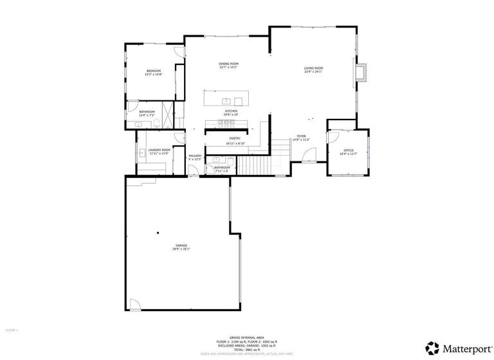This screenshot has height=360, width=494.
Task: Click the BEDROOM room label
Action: [153, 70]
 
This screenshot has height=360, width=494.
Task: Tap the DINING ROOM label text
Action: [228, 64]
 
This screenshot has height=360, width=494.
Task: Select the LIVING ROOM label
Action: [313, 68]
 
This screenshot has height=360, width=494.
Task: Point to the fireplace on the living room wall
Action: [361, 73]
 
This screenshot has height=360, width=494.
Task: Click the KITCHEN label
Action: [231, 111]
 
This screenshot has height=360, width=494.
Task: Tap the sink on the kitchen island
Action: [226, 101]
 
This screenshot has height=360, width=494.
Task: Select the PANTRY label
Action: [234, 138]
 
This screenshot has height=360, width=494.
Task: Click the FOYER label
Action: [300, 137]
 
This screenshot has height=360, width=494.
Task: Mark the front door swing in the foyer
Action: [309, 155]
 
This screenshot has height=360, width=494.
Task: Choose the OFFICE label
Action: [348, 150]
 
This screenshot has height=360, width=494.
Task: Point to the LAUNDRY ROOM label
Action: [159, 150]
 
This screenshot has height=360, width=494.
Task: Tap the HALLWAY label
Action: [195, 156]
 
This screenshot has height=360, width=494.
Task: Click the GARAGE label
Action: [181, 246]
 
